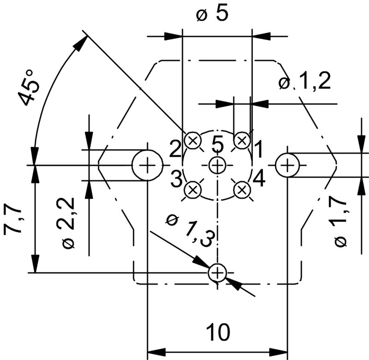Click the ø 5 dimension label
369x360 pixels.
click(213, 14)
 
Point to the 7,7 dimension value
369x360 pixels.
click(13, 221)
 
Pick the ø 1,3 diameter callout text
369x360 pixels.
click(189, 228)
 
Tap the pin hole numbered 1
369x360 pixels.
click(242, 140)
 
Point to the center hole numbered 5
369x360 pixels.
click(217, 165)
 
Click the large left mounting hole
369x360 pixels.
click(148, 165)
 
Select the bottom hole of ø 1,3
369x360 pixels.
click(217, 273)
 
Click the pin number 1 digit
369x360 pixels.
click(259, 149)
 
